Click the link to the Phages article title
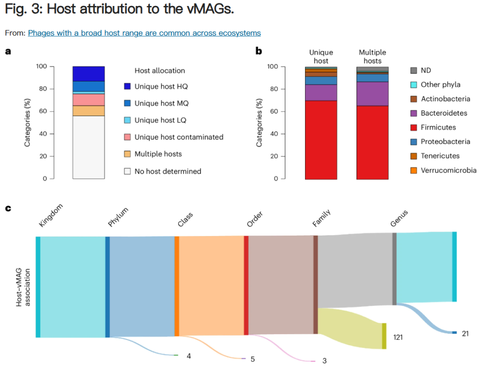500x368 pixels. tap(144, 33)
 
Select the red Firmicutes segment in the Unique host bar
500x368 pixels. tap(321, 139)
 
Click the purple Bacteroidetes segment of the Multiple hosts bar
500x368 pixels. tap(372, 94)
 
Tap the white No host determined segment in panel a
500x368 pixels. tap(88, 147)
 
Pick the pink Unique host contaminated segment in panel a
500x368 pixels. tap(88, 100)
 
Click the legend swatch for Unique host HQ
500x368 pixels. tap(127, 87)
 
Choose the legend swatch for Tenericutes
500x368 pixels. tap(414, 156)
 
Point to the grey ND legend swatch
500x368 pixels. tap(414, 70)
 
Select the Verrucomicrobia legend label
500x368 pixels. tap(448, 170)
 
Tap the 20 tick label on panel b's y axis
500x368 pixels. tap(274, 156)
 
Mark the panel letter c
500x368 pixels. tap(8, 208)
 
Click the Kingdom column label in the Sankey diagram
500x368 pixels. tap(50, 216)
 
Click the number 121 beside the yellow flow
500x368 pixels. tap(398, 337)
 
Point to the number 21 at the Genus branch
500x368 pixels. tap(465, 333)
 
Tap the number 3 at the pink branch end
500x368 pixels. tap(325, 361)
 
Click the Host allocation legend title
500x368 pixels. tap(160, 71)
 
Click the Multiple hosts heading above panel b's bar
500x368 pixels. tap(372, 56)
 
